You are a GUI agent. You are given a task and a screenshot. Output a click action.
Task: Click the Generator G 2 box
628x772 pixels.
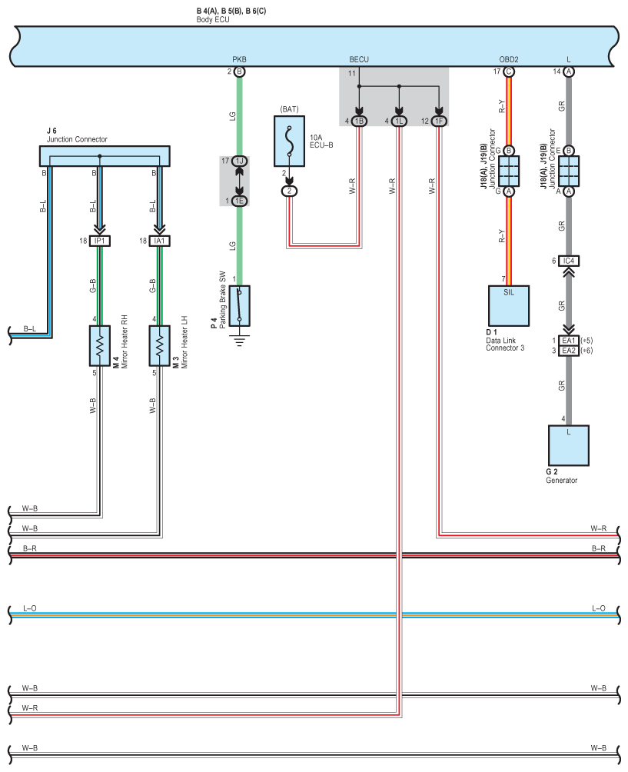[x=569, y=445]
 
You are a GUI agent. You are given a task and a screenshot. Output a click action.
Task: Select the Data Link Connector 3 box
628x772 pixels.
[x=508, y=306]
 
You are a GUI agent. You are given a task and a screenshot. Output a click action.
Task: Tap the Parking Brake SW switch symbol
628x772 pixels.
[x=240, y=306]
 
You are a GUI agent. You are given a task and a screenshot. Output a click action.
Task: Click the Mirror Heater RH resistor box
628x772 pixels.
[x=99, y=345]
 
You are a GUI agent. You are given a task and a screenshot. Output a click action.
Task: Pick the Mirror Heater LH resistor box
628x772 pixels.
[x=159, y=345]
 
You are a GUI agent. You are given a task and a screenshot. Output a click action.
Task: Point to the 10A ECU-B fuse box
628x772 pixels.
[x=289, y=141]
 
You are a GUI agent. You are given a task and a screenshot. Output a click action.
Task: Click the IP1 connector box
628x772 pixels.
[x=100, y=241]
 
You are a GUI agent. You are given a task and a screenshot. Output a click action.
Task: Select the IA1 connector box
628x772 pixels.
[x=159, y=241]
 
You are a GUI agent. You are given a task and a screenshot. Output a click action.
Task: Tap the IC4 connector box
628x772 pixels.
[x=569, y=261]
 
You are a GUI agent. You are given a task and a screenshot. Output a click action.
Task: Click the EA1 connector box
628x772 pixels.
[x=569, y=341]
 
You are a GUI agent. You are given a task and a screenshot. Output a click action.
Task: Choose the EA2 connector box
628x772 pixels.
[x=569, y=351]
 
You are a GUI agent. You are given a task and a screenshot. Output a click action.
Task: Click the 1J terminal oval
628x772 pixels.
[x=240, y=161]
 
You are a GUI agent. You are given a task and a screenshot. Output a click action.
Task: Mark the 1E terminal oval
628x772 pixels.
[x=240, y=201]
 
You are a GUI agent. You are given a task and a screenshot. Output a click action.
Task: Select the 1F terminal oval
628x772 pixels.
[x=439, y=121]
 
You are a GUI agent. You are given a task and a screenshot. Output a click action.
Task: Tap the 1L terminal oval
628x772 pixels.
[x=399, y=121]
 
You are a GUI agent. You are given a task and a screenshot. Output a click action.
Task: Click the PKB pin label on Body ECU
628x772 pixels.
[x=239, y=59]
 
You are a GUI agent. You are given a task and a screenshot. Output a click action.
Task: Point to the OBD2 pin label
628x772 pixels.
[x=509, y=59]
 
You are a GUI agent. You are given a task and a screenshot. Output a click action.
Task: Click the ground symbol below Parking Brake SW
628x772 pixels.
[x=240, y=340]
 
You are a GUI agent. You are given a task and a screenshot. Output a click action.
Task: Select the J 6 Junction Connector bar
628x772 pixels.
[x=105, y=155]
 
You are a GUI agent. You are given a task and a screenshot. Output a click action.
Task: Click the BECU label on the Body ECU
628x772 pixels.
[x=359, y=59]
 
